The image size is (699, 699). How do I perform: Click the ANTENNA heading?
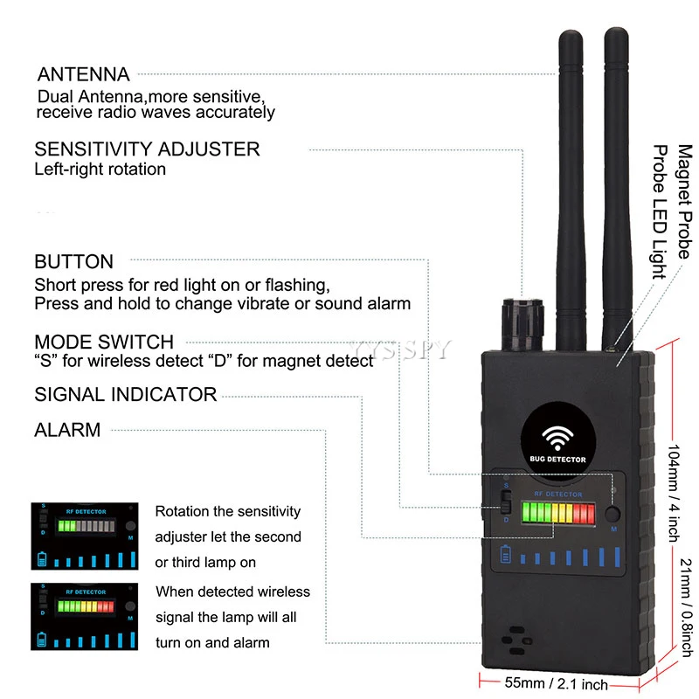[82, 74]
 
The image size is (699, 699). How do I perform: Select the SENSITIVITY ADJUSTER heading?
[147, 149]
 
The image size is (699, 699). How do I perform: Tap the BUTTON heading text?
[73, 261]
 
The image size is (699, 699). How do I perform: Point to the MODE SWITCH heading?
[104, 342]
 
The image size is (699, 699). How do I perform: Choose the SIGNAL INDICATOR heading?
[125, 394]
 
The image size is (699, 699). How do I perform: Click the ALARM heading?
[67, 430]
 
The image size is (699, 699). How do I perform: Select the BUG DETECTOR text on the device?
[557, 460]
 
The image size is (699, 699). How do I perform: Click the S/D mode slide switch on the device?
[504, 506]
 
